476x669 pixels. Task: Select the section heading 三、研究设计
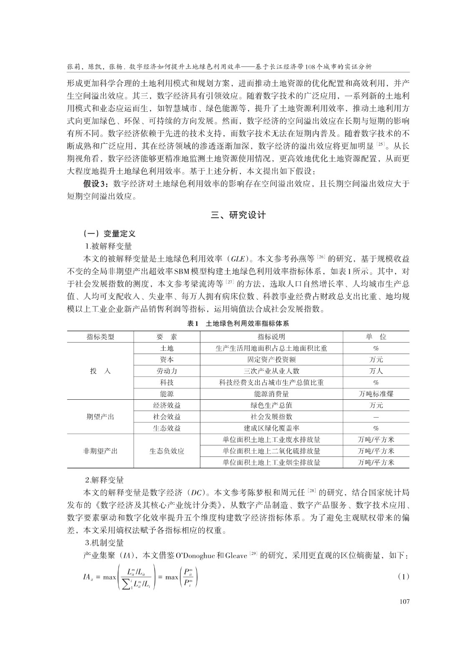(238, 215)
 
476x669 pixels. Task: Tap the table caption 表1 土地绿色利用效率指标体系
(238, 324)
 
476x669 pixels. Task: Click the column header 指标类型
(100, 337)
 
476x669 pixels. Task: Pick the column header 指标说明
(271, 337)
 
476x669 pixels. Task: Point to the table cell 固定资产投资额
(271, 360)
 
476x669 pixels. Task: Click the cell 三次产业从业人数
(271, 371)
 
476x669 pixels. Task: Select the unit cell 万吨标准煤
(376, 394)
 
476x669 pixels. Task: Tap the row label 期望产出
(100, 417)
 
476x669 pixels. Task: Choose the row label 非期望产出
(100, 451)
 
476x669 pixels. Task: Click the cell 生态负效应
(167, 451)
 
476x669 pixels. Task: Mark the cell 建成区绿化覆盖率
(271, 428)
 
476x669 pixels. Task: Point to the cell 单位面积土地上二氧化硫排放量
(271, 451)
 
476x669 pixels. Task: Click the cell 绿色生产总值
(271, 405)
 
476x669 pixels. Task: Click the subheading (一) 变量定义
(109, 234)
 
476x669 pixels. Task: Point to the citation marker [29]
(253, 554)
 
